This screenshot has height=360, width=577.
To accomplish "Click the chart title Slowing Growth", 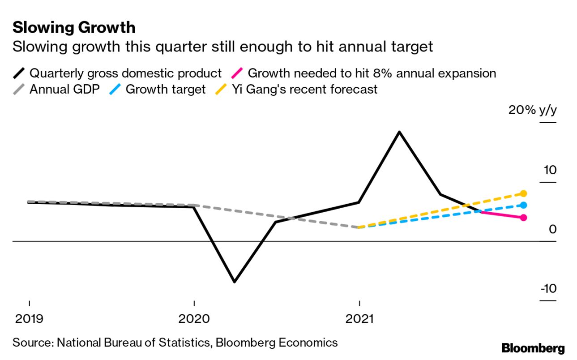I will pyautogui.click(x=74, y=28).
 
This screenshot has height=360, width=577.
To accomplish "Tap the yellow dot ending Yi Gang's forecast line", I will pyautogui.click(x=524, y=193).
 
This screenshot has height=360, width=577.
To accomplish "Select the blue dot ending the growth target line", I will pyautogui.click(x=524, y=205).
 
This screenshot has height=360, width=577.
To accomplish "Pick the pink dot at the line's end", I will pyautogui.click(x=524, y=218).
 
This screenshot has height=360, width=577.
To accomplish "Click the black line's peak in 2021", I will pyautogui.click(x=399, y=132).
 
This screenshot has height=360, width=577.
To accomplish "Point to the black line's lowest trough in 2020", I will pyautogui.click(x=234, y=282).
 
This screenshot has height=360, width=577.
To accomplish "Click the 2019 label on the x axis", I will pyautogui.click(x=29, y=319).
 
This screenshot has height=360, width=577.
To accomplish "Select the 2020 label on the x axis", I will pyautogui.click(x=194, y=319).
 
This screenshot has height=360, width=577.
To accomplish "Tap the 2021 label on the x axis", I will pyautogui.click(x=359, y=319).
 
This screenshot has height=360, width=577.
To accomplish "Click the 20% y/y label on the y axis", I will pyautogui.click(x=532, y=110).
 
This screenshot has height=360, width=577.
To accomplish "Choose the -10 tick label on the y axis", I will pyautogui.click(x=547, y=288).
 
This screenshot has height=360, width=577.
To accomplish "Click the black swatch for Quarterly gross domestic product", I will pyautogui.click(x=19, y=73).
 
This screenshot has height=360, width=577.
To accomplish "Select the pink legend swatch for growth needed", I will pyautogui.click(x=237, y=73).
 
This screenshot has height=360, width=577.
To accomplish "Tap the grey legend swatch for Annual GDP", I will pyautogui.click(x=19, y=89).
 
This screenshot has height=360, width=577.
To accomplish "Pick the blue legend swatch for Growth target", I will pyautogui.click(x=115, y=89).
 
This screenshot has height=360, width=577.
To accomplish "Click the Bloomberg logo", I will pyautogui.click(x=533, y=348).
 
